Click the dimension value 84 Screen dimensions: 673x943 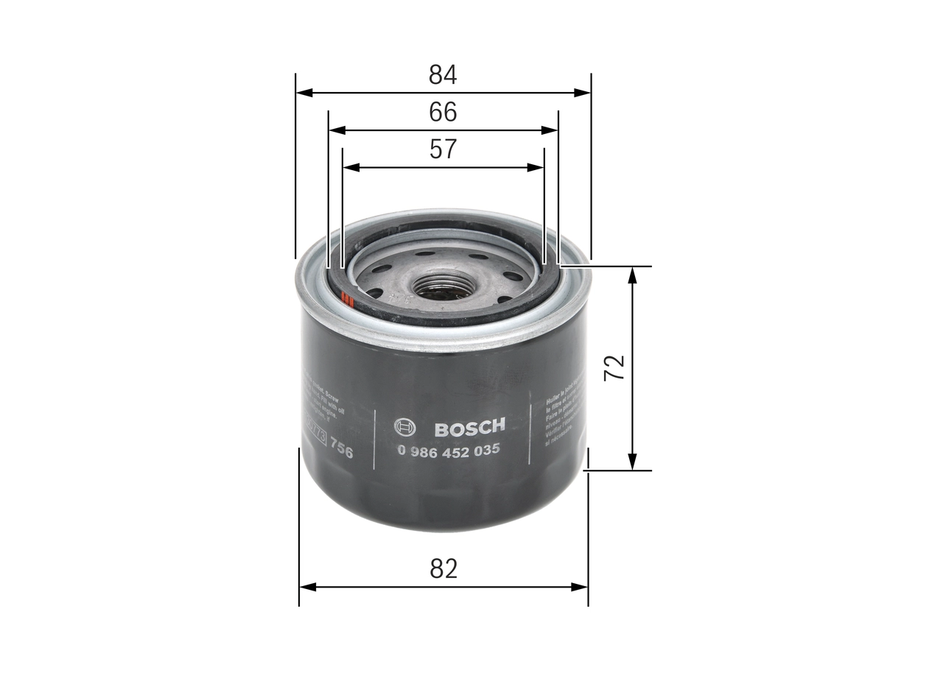coord(443,74)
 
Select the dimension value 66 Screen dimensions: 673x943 coord(443,112)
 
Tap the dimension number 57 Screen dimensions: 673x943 coord(443,149)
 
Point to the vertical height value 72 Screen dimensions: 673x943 coord(614,367)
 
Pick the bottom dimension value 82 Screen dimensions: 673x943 coord(443,568)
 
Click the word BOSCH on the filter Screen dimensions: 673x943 coord(469,428)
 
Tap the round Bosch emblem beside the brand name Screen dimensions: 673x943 coord(405,428)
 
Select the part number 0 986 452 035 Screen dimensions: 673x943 coord(449,450)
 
